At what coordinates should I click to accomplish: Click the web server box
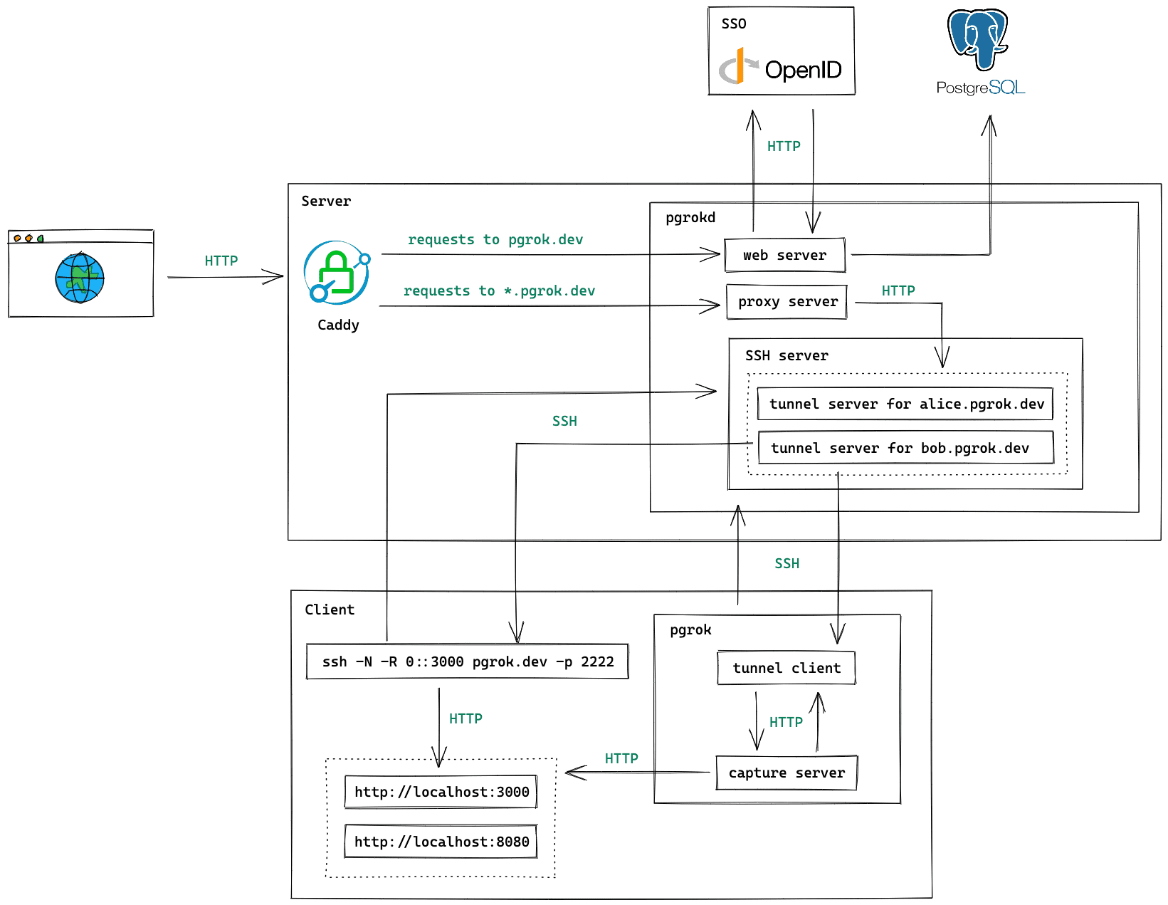784,255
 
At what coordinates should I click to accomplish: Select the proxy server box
787,302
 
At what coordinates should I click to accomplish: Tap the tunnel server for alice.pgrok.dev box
905,404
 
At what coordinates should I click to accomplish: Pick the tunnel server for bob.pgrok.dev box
905,448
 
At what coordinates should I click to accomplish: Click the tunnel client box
786,668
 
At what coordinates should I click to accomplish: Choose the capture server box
786,773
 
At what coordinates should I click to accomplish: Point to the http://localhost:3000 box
441,792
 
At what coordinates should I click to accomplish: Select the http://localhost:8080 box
441,842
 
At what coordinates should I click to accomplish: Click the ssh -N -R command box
468,661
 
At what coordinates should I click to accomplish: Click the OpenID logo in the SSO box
781,68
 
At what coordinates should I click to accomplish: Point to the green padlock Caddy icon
337,273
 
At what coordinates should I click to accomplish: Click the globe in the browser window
80,278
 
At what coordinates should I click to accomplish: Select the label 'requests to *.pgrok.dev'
499,291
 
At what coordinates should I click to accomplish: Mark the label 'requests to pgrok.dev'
495,240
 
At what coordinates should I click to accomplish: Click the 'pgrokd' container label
690,218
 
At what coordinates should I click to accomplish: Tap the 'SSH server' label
786,355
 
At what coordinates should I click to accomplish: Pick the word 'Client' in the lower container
330,610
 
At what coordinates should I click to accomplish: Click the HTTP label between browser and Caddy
221,261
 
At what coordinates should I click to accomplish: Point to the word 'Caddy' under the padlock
338,325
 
